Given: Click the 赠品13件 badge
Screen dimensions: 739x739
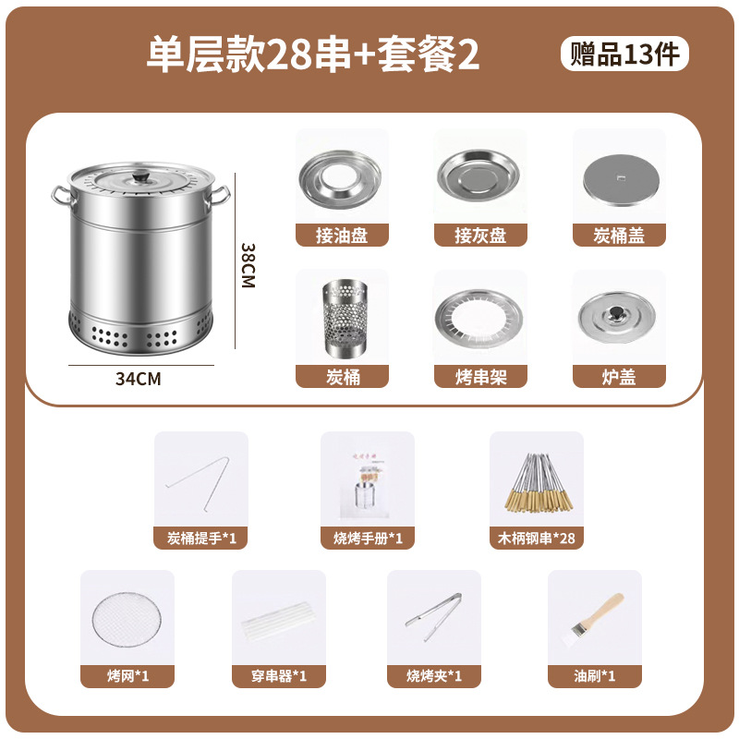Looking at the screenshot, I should click(624, 54).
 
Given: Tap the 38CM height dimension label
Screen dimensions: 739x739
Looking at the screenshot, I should click(248, 266).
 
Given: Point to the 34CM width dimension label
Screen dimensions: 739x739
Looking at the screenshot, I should click(139, 379).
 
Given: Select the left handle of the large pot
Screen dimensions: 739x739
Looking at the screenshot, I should click(60, 194).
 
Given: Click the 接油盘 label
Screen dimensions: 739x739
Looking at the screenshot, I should click(342, 236).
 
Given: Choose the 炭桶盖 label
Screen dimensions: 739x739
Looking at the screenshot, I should click(619, 236).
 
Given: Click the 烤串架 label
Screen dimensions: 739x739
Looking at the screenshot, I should click(480, 376).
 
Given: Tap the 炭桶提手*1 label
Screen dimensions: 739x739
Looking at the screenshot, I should click(200, 538).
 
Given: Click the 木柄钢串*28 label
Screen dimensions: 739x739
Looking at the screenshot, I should click(536, 538).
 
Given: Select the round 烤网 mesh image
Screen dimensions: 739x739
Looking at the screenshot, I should click(127, 618).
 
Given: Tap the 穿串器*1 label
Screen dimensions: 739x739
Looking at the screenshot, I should click(279, 676).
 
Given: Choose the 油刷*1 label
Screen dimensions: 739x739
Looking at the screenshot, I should click(594, 676).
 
